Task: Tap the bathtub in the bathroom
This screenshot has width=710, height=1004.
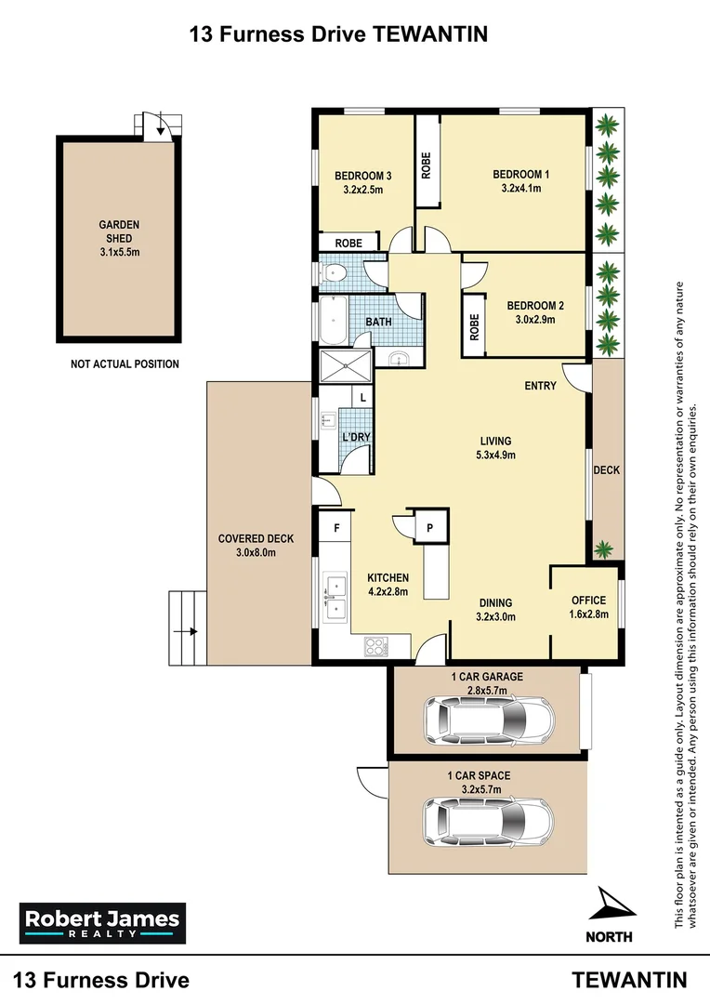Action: click(332, 320)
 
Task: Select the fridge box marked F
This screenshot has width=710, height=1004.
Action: click(335, 527)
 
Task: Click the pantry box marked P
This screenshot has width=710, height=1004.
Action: click(429, 526)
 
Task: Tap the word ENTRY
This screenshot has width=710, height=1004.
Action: click(540, 386)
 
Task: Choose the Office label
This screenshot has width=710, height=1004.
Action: click(588, 601)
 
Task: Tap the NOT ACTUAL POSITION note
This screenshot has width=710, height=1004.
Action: click(125, 364)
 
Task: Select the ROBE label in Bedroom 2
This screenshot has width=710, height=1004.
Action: click(474, 325)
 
